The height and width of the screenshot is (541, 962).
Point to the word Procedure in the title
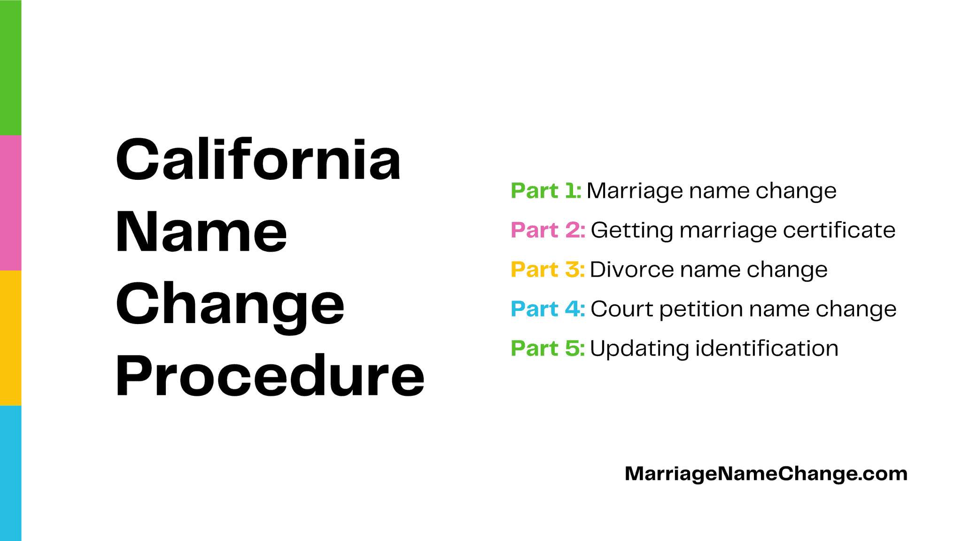[270, 376]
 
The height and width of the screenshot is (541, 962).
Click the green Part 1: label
[546, 191]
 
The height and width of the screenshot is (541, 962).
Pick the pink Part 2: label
[548, 230]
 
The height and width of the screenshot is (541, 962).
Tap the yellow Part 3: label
[547, 270]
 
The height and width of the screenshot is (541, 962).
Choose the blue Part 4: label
[548, 309]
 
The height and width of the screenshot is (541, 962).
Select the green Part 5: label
[547, 348]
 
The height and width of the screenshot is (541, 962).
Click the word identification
[767, 348]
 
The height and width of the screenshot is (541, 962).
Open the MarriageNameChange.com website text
[766, 474]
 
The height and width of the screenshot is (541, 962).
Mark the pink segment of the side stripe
[10, 202]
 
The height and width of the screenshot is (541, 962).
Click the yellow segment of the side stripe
[10, 338]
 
